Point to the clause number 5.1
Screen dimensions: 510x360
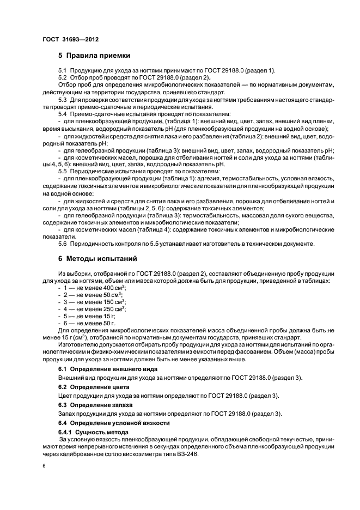click(x=62, y=71)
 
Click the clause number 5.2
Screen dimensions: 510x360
click(x=62, y=78)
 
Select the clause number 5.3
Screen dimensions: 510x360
click(x=62, y=100)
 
